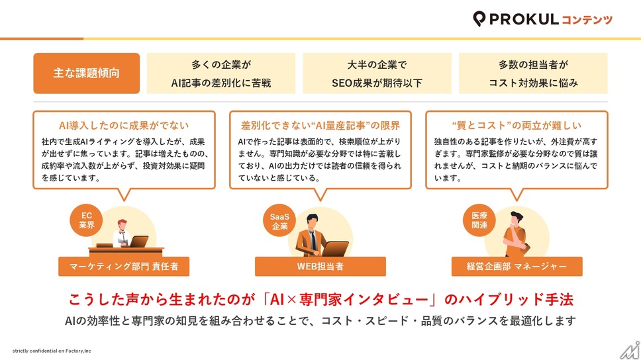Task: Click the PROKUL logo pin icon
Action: point(479,19)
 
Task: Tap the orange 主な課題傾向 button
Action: point(87,73)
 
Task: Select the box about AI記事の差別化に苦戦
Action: point(221,73)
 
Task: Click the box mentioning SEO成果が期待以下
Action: point(377,73)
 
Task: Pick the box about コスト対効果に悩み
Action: point(533,73)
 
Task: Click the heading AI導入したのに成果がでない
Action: point(124,126)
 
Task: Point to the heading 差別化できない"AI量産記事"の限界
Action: point(320,126)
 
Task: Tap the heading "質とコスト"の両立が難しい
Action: point(517,126)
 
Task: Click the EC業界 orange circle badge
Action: point(86,220)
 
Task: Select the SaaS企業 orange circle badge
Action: point(279,221)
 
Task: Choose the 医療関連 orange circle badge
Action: point(479,220)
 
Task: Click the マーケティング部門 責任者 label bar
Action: point(124,267)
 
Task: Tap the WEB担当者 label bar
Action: point(320,267)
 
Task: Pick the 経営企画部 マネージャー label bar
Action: point(517,267)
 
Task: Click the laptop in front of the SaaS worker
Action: point(335,248)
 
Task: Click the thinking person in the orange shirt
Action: point(516,234)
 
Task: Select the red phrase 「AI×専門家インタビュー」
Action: point(351,300)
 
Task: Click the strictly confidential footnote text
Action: point(52,351)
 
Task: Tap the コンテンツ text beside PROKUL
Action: point(587,20)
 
